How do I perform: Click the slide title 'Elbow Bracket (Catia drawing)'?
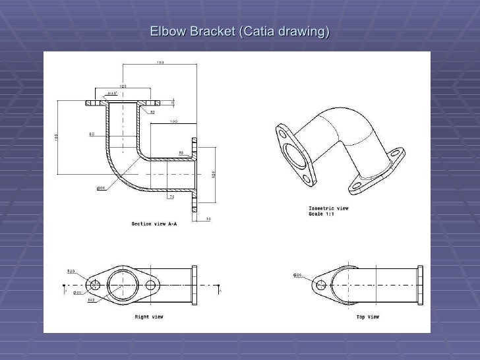[239, 32]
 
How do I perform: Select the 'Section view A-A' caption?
[154, 224]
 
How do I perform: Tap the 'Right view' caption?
[149, 316]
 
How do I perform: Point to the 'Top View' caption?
[367, 316]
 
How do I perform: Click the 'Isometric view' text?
[329, 208]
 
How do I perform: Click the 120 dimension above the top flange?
[123, 86]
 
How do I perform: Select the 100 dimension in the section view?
[174, 121]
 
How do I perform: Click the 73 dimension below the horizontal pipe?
[171, 196]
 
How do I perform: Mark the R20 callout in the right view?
[71, 271]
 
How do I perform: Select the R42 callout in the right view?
[91, 300]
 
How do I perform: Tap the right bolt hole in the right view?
[152, 285]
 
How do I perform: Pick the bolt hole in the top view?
[321, 285]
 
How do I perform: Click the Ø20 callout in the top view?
[297, 274]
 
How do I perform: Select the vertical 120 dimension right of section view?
[214, 174]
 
